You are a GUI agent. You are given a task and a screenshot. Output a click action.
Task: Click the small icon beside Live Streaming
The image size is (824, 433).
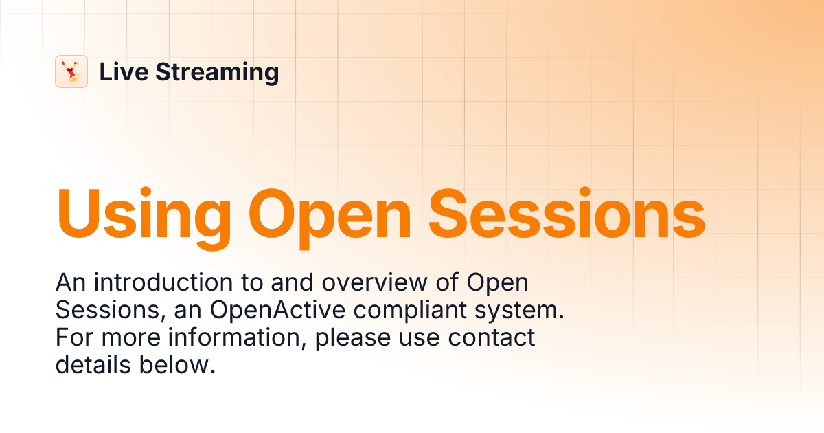pos(71,71)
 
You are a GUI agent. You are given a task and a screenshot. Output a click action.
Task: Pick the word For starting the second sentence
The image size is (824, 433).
pos(73,337)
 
